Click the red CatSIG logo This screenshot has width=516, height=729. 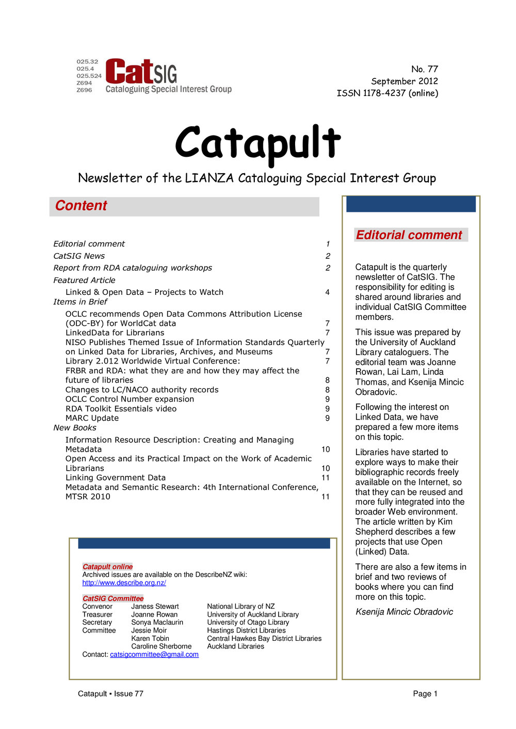coord(141,72)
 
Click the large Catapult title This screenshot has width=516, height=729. coord(257,143)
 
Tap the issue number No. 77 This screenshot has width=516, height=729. coord(424,69)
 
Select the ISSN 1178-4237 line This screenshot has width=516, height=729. coord(387,93)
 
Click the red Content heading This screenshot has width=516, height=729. coord(81,206)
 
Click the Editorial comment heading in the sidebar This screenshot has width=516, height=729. coord(409,235)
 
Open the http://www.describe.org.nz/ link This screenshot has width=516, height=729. coord(124,583)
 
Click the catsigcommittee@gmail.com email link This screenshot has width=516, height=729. coord(154,654)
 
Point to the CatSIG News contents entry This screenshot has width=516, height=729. coord(79,256)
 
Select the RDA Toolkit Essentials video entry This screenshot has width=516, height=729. coord(121,409)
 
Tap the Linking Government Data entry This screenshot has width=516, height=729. coord(116,478)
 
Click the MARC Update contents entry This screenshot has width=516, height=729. coord(92,418)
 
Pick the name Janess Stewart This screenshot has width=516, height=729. coord(155,606)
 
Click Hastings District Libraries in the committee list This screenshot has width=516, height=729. coord(246,631)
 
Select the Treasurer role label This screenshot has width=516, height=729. coord(97,615)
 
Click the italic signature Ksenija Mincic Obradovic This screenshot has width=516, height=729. coord(404,612)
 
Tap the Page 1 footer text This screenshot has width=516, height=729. coord(425,694)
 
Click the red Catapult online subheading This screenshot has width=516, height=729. coord(107,567)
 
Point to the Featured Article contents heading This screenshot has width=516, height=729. coord(84,280)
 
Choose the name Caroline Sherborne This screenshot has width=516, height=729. coord(161,647)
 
